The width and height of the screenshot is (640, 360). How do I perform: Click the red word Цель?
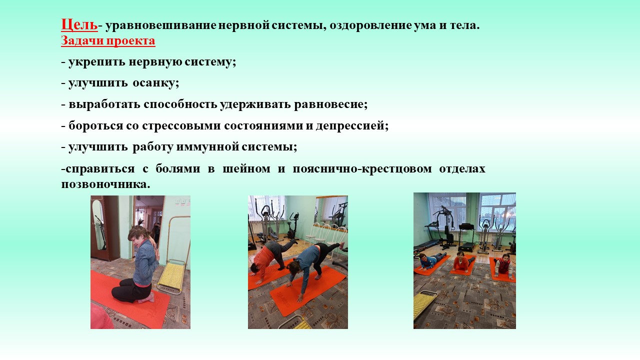79,24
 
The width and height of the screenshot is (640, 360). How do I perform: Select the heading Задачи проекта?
108,40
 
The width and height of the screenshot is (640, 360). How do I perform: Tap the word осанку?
155,83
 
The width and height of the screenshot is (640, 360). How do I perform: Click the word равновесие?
331,104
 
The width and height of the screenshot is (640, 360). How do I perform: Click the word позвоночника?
105,184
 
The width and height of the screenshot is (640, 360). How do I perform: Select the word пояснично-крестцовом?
362,169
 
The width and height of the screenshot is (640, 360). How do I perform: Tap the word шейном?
246,169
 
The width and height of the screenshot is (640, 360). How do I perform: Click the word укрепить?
97,62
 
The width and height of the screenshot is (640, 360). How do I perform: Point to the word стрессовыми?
181,125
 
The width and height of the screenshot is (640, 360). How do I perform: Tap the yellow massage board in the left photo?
171,276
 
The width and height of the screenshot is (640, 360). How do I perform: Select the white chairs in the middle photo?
325,238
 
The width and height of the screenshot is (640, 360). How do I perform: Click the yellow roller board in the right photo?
425,304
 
